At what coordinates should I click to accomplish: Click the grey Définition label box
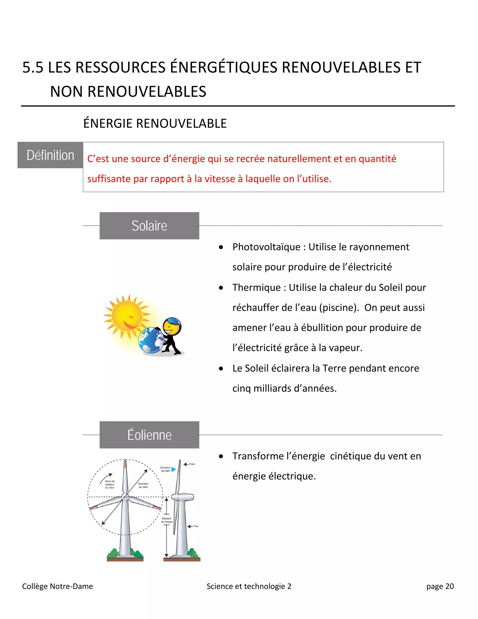[x=50, y=155]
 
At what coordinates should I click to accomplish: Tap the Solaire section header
[x=149, y=226]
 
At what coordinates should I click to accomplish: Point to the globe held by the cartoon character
[x=151, y=340]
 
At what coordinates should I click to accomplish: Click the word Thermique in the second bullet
[x=256, y=287]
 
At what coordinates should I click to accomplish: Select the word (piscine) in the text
[x=339, y=308]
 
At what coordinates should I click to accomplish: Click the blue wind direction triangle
[x=174, y=470]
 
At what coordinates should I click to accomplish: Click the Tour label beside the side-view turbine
[x=196, y=526]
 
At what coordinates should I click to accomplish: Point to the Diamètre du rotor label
[x=143, y=486]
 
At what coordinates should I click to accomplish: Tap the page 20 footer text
[x=440, y=586]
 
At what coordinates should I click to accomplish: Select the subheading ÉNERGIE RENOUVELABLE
[x=155, y=124]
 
